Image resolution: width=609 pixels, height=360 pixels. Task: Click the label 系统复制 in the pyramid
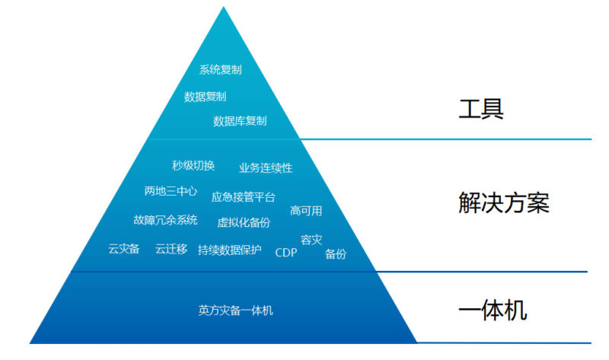(220, 70)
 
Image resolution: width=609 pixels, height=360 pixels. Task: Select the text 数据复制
(205, 97)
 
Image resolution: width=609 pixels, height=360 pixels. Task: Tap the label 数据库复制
(240, 121)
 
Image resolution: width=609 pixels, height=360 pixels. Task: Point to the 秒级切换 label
(193, 166)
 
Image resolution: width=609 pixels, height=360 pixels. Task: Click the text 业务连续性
(266, 167)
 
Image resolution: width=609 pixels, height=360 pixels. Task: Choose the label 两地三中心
(171, 191)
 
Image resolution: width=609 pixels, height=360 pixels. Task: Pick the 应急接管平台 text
(243, 197)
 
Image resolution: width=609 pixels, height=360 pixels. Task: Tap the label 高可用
(306, 211)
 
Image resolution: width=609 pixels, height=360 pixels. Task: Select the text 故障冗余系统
(165, 220)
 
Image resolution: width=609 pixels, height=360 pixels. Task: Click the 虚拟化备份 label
(244, 222)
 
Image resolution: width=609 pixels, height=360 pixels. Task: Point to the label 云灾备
(123, 249)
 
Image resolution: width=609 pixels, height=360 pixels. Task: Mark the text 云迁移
(171, 249)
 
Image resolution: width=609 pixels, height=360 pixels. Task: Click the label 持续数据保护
(229, 250)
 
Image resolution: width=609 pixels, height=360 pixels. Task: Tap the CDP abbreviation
(286, 252)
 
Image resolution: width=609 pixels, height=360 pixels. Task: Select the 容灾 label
(311, 240)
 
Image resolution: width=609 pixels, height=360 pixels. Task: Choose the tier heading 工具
(481, 109)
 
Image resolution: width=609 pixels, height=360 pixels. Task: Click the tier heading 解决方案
(503, 203)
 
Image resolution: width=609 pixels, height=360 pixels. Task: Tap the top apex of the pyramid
(223, 8)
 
